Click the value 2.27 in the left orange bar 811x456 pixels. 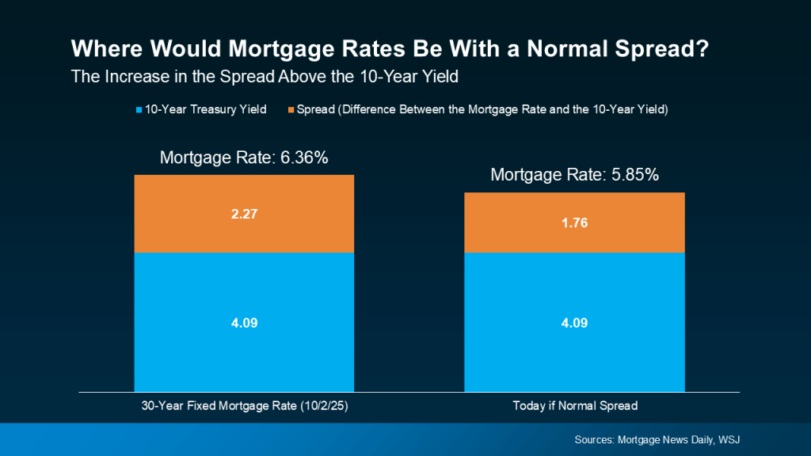[x=244, y=214]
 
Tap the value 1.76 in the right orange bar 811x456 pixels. [x=574, y=222]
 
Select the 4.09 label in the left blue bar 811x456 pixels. [x=244, y=322]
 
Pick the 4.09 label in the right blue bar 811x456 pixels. [x=574, y=322]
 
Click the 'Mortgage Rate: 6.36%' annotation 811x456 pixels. [x=244, y=158]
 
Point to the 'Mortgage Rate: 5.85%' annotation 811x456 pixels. [x=574, y=175]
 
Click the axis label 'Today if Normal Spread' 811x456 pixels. [x=574, y=406]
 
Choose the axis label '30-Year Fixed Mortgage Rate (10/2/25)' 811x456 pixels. [x=244, y=406]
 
